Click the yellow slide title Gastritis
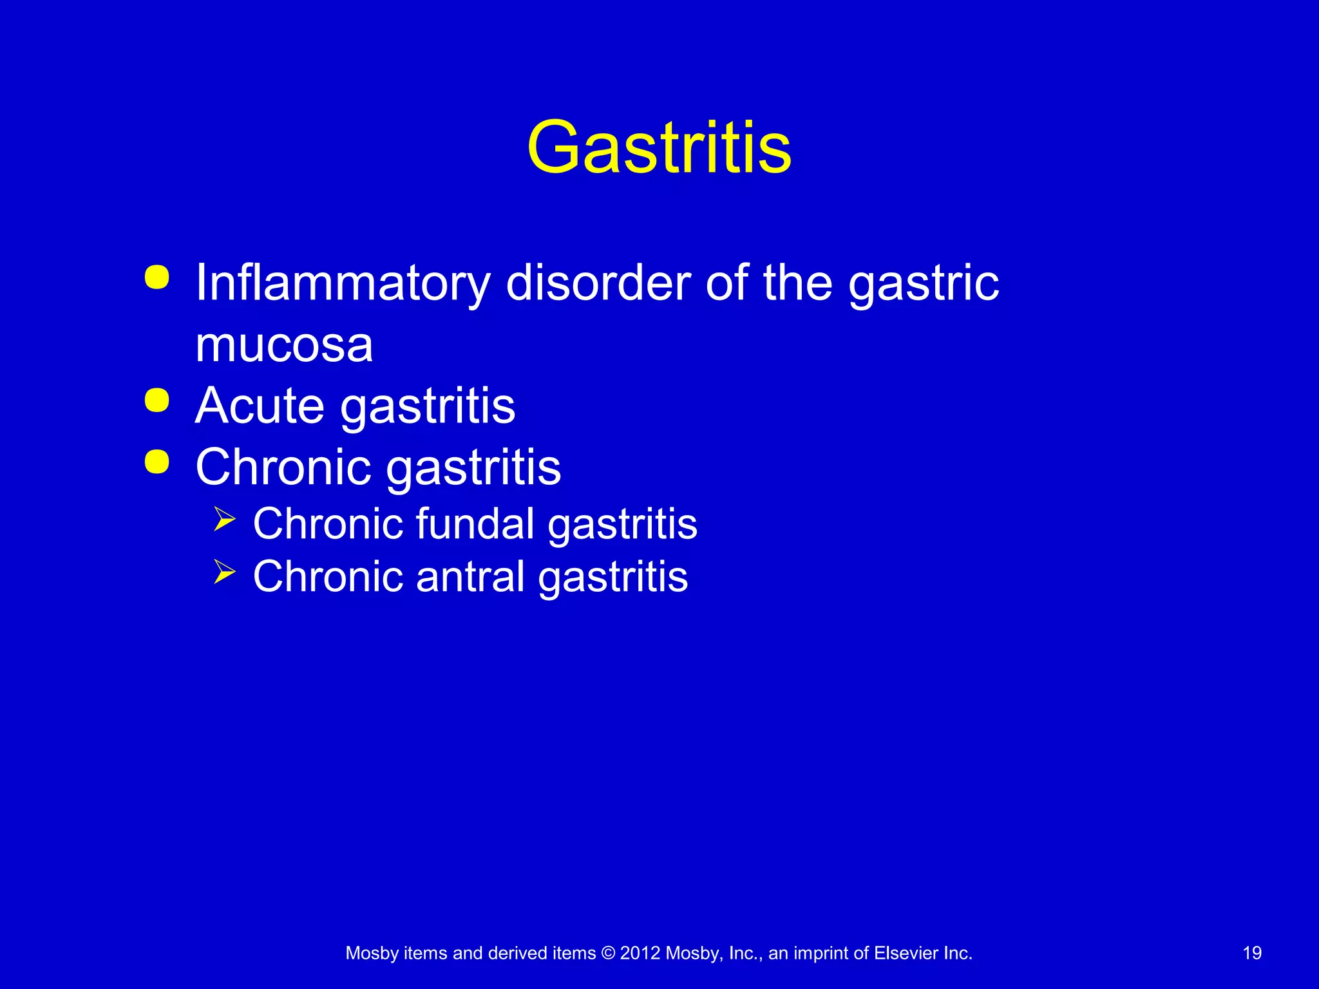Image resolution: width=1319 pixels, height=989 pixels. point(659,148)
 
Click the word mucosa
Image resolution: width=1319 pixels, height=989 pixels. point(284,345)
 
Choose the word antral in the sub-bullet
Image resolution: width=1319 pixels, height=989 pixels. point(470,576)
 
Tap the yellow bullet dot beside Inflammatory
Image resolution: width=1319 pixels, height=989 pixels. point(157,278)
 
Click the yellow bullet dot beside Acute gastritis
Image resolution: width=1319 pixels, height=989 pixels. point(157,400)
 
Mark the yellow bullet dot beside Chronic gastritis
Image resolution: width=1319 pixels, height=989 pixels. point(157,462)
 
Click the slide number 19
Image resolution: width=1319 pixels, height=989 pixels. point(1251,953)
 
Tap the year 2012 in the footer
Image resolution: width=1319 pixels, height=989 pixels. point(640,953)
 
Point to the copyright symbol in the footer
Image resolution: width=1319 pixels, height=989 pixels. point(607,953)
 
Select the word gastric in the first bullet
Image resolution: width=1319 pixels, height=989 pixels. point(923,283)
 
